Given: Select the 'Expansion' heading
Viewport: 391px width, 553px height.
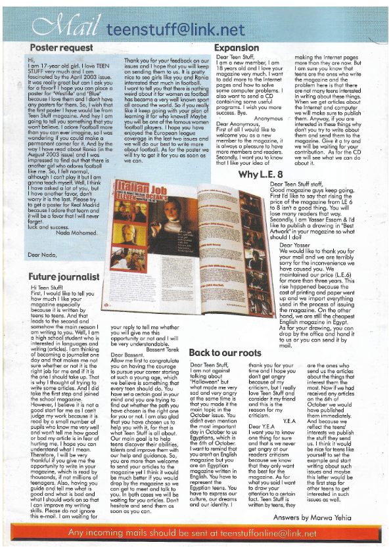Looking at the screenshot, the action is [x=237, y=47].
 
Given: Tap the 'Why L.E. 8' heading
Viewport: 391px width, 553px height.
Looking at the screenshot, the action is [x=263, y=173].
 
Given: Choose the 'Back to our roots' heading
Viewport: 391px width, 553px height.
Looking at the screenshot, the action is [x=227, y=353].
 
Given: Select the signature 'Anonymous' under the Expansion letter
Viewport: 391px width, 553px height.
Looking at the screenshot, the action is [x=269, y=118].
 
